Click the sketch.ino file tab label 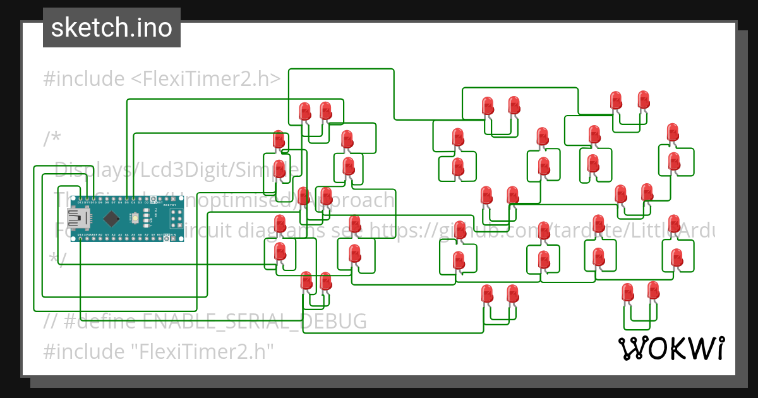tap(112, 28)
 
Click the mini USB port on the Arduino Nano tap(78, 218)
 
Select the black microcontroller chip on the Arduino tap(111, 219)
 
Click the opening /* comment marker tap(53, 139)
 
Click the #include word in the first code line tap(84, 79)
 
